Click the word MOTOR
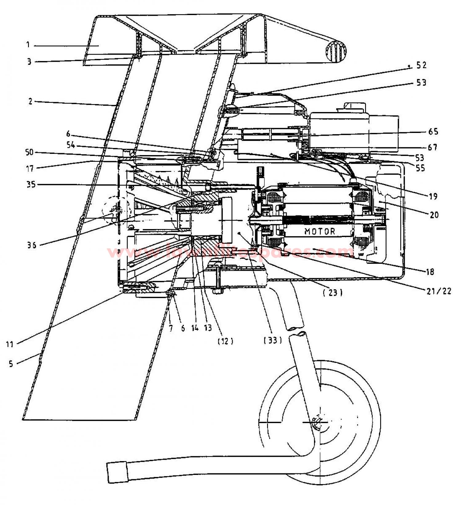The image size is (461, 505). pyautogui.click(x=320, y=231)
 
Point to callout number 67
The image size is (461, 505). pyautogui.click(x=432, y=147)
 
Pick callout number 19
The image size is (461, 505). pyautogui.click(x=433, y=196)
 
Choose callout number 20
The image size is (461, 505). pyautogui.click(x=434, y=215)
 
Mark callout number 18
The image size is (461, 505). pyautogui.click(x=430, y=271)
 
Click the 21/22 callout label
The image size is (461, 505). pyautogui.click(x=439, y=291)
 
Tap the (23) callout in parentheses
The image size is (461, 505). pyautogui.click(x=333, y=293)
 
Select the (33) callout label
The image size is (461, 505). pyautogui.click(x=273, y=340)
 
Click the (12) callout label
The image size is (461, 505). pyautogui.click(x=225, y=341)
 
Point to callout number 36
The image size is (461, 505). pyautogui.click(x=31, y=245)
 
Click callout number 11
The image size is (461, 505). pyautogui.click(x=10, y=344)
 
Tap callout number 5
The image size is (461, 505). pyautogui.click(x=11, y=364)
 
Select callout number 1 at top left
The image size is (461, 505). pyautogui.click(x=28, y=45)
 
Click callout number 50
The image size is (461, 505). pyautogui.click(x=30, y=152)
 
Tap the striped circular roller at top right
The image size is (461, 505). pyautogui.click(x=336, y=51)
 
